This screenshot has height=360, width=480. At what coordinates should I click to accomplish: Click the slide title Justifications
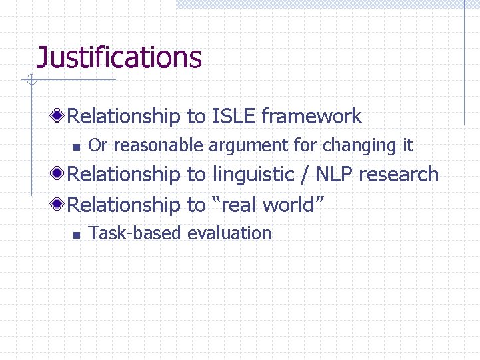[119, 57]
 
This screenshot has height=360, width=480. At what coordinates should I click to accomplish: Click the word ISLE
[234, 117]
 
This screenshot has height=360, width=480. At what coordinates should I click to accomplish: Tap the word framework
[312, 117]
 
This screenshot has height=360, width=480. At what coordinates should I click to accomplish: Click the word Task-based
[135, 233]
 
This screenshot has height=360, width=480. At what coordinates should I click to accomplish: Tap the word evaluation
[229, 233]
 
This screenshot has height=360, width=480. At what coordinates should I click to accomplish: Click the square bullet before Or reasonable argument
[76, 146]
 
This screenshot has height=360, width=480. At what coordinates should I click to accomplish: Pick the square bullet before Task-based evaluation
[76, 234]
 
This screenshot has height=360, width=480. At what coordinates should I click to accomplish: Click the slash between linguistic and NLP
[306, 175]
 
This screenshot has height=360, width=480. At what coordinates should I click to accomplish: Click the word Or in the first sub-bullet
[97, 145]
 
